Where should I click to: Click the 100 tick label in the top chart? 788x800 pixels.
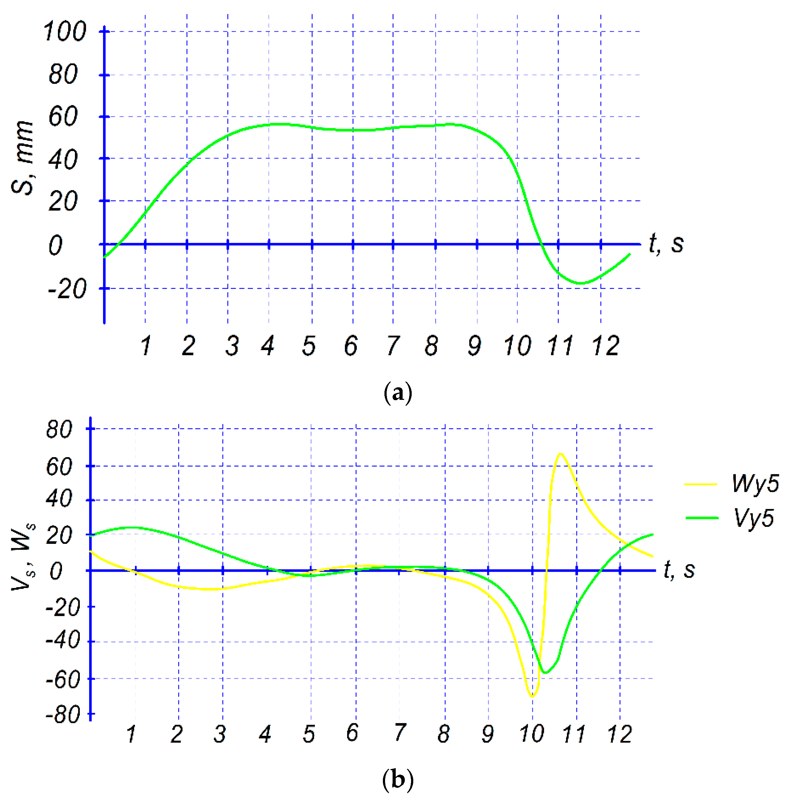[x=64, y=31]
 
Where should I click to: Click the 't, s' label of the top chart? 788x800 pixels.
[x=666, y=243]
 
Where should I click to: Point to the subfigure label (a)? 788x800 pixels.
[x=398, y=392]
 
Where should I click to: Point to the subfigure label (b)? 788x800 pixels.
[x=398, y=779]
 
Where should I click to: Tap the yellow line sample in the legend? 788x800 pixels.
[x=701, y=483]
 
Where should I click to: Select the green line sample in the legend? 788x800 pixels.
[x=702, y=518]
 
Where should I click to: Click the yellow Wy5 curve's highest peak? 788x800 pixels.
[x=560, y=454]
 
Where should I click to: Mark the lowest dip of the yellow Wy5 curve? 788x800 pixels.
[x=532, y=697]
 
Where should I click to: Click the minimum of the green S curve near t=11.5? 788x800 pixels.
[x=581, y=283]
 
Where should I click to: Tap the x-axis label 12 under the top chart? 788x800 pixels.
[x=605, y=346]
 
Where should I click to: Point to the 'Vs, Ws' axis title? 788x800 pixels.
[x=23, y=557]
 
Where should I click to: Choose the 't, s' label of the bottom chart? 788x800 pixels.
[x=679, y=570]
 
